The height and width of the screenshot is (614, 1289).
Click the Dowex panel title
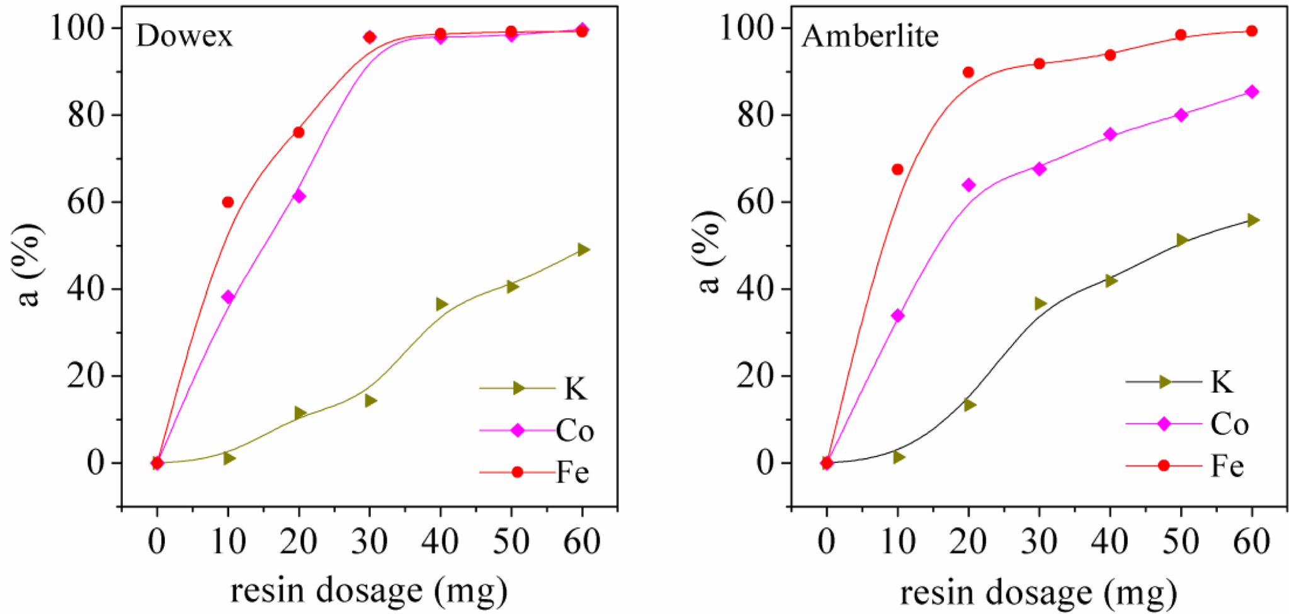click(185, 36)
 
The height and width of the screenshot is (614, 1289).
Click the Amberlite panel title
click(870, 36)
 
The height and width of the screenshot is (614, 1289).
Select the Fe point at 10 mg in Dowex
click(228, 202)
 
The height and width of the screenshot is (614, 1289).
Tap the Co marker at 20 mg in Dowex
click(299, 196)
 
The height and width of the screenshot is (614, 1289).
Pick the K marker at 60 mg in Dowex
click(583, 250)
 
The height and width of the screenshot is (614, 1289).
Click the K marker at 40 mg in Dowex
click(441, 305)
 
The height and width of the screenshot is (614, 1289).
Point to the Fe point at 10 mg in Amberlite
click(897, 169)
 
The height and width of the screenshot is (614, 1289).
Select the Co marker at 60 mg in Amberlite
click(1252, 92)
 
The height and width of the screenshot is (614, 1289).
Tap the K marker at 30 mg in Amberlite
click(1040, 304)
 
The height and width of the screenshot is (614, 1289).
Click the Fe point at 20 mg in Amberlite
click(968, 72)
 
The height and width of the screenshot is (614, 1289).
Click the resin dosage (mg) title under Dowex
click(369, 591)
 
